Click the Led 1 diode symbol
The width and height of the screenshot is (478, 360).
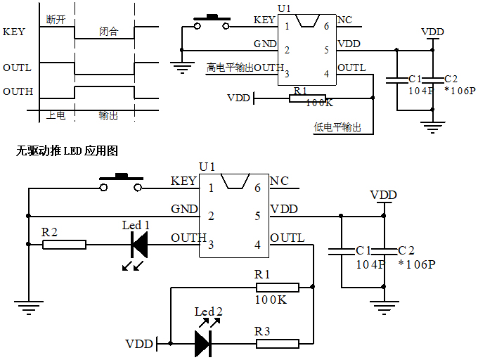click(x=139, y=245)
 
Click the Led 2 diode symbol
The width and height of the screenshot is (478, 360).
click(x=202, y=343)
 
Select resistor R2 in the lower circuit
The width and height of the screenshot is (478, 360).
click(x=64, y=245)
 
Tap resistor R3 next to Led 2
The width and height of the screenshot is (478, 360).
click(x=277, y=343)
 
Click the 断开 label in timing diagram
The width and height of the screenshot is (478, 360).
click(x=55, y=18)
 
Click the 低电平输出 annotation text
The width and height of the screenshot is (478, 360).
click(x=338, y=127)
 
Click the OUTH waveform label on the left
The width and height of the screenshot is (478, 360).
click(x=18, y=92)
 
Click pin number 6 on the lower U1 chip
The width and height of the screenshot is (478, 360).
click(x=257, y=188)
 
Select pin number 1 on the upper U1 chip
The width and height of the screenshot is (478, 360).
click(x=287, y=26)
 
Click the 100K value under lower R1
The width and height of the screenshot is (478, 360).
click(x=271, y=299)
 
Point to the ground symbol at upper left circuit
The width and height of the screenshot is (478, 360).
click(x=182, y=68)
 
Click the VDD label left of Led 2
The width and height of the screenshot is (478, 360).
click(x=138, y=344)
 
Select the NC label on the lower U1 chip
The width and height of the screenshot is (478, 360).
click(x=279, y=181)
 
